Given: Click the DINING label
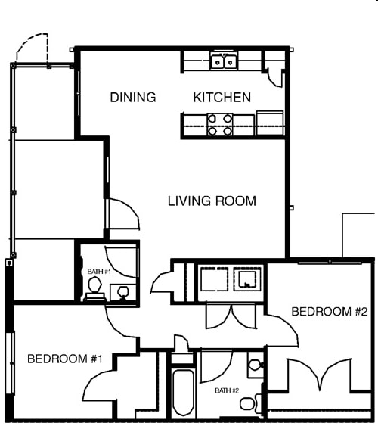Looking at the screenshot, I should pyautogui.click(x=133, y=98).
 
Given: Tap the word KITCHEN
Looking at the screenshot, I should pyautogui.click(x=222, y=98).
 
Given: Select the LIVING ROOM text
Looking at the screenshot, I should pyautogui.click(x=212, y=201).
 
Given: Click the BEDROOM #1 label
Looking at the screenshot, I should pyautogui.click(x=64, y=359).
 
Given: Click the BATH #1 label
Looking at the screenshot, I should pyautogui.click(x=99, y=271).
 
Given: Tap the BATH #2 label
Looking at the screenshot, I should pyautogui.click(x=226, y=390).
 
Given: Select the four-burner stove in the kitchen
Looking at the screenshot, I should pyautogui.click(x=220, y=125).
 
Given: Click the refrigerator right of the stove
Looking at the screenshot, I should pyautogui.click(x=270, y=123).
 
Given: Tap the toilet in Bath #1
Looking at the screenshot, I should pyautogui.click(x=95, y=288).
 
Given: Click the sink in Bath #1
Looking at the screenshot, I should pyautogui.click(x=121, y=291).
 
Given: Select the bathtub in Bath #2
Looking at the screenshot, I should pyautogui.click(x=183, y=393).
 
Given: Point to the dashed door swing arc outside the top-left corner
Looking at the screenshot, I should pyautogui.click(x=34, y=47).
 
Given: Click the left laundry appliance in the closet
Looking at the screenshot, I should pyautogui.click(x=215, y=278).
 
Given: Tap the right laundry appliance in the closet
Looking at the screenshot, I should pyautogui.click(x=247, y=278).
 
